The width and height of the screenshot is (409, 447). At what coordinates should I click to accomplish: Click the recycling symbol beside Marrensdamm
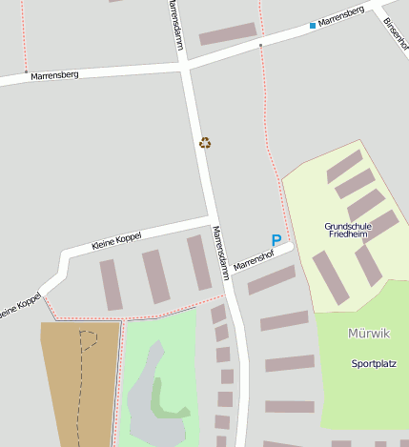[x=205, y=143]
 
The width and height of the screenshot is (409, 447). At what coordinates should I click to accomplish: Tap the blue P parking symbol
[x=276, y=241]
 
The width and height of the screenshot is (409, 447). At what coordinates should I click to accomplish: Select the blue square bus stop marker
[x=312, y=26]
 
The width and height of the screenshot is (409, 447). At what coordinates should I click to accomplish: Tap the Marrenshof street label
[x=254, y=256]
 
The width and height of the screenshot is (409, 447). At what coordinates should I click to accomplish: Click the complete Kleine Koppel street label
[x=115, y=242]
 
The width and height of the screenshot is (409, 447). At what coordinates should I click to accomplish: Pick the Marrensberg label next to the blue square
[x=341, y=16]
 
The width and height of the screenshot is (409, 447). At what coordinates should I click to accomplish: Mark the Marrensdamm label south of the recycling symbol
[x=220, y=252]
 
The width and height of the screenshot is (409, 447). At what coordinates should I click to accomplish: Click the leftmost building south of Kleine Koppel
[x=112, y=284]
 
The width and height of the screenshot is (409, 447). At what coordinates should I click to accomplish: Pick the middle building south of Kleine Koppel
[x=155, y=276]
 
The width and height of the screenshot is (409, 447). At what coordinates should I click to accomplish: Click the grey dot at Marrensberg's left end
[x=26, y=71]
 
